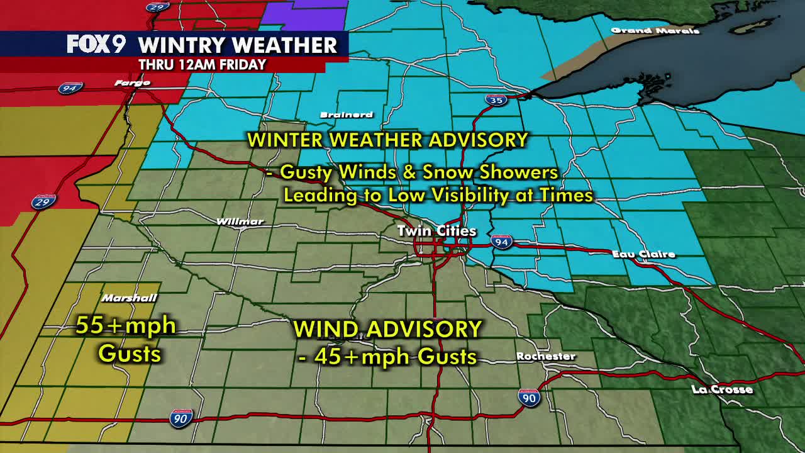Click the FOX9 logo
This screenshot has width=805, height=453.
[96, 45]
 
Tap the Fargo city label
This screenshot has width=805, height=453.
[132, 82]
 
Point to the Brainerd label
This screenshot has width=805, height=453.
[347, 115]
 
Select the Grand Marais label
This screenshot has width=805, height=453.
[655, 30]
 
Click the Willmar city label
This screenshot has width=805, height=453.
[240, 221]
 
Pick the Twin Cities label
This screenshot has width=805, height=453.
[436, 231]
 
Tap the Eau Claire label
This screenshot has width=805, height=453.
[643, 254]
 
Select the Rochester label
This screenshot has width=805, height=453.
[546, 356]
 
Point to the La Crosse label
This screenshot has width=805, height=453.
[722, 389]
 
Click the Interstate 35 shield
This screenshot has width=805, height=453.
[496, 99]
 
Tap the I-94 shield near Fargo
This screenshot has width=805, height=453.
[69, 88]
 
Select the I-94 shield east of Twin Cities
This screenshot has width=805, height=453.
[501, 242]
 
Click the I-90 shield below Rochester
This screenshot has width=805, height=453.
[529, 398]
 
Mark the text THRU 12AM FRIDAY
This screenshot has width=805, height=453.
[203, 64]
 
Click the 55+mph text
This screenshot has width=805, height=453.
[126, 325]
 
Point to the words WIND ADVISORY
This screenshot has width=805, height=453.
[387, 328]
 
